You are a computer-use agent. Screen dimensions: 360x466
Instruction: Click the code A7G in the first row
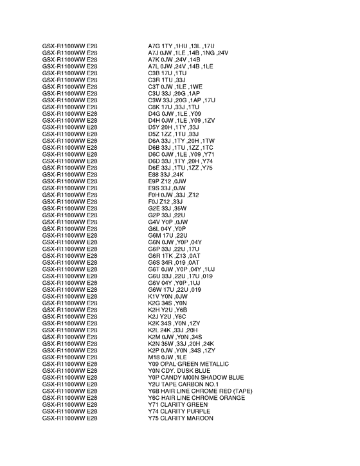point(154,46)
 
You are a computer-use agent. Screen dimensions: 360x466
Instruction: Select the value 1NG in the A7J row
point(208,53)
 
